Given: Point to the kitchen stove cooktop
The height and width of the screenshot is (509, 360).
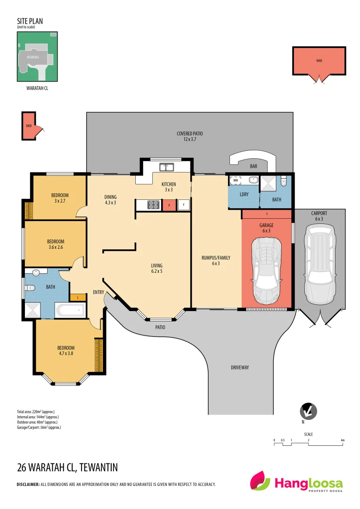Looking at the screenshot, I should coord(154,205).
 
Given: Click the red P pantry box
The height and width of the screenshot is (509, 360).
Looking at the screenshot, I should coord(169,205).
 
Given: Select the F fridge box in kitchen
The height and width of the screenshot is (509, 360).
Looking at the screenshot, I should coord(183,205).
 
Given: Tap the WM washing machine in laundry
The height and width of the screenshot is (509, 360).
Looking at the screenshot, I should coord(235,180).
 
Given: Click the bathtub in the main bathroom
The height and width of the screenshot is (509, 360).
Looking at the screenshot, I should coord(70,310).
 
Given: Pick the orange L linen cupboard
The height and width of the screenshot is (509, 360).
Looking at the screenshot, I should coord(77,297).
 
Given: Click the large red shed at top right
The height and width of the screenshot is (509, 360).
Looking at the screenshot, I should coord(319,61).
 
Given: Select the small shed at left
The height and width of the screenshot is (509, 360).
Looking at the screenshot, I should coord(30,126).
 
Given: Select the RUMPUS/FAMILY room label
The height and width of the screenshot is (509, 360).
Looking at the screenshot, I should coord(216,261).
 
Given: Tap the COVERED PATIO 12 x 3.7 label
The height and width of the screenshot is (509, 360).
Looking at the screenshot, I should coord(189,137).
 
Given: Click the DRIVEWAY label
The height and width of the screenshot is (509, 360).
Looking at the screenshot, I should coord(239,368).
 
